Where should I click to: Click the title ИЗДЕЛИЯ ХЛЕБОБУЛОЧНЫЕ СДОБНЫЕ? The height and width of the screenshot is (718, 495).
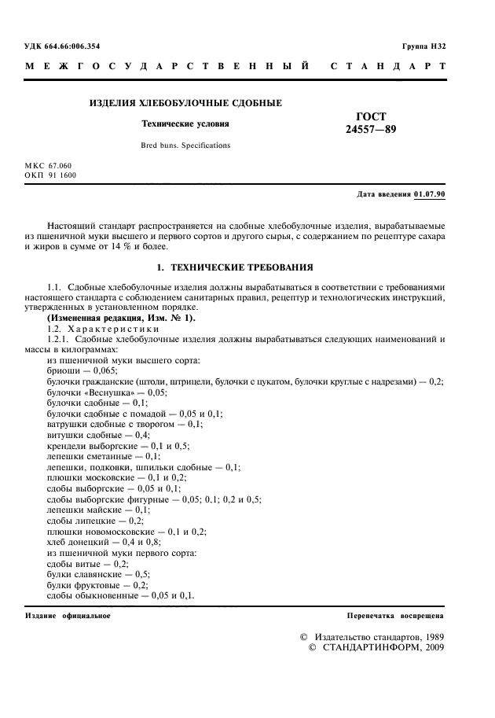[x=185, y=103]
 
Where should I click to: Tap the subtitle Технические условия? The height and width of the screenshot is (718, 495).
[x=185, y=124]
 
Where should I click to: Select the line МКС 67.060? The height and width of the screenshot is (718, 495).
[x=49, y=166]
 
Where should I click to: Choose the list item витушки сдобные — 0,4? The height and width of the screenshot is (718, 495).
[x=98, y=434]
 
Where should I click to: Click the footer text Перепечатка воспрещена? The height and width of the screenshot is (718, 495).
[x=396, y=616]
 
